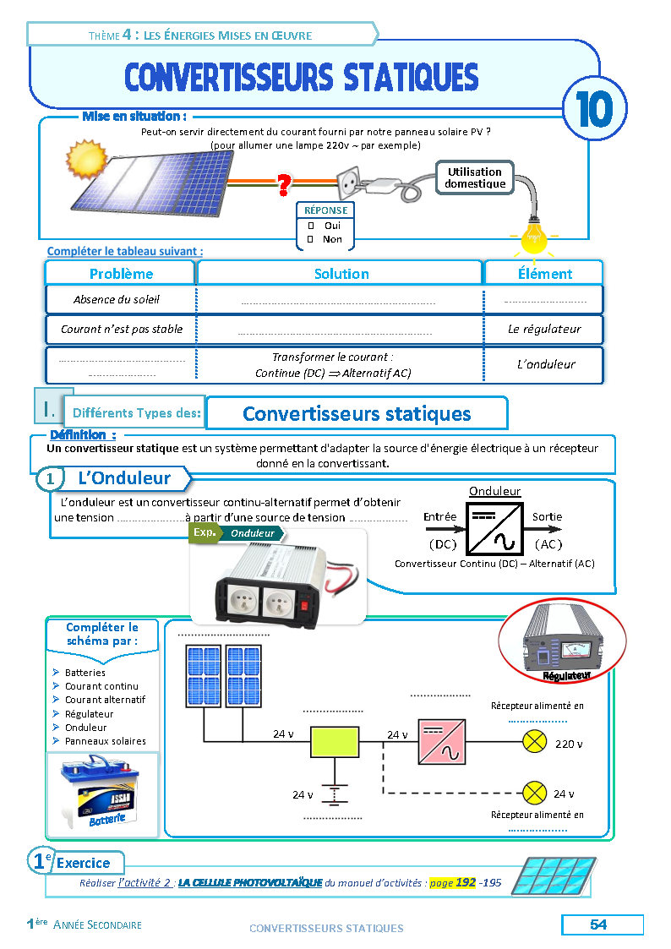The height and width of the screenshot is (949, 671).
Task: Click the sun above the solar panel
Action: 88,158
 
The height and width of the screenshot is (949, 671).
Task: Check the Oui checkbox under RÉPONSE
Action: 311,226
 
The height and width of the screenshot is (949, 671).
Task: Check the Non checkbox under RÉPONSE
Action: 311,239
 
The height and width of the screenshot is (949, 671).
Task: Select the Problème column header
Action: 121,274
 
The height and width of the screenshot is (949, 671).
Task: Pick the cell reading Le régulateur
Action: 544,329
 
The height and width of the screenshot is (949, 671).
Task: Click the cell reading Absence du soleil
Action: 116,299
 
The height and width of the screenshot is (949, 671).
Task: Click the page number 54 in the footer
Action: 598,924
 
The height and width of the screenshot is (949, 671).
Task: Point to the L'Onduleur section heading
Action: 123,478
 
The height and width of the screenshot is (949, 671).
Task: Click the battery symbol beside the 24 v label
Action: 335,794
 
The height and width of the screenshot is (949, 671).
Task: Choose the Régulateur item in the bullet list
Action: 89,714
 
